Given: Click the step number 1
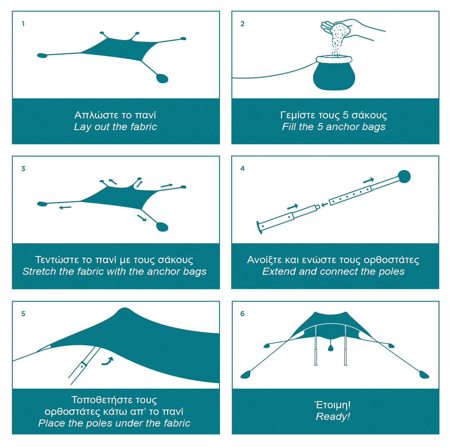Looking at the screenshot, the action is (x=23, y=24).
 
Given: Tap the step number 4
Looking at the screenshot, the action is (x=242, y=168).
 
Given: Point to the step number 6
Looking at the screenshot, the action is (x=242, y=314).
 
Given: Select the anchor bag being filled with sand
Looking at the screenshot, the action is (x=334, y=73).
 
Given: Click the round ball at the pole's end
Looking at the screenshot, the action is (x=404, y=176).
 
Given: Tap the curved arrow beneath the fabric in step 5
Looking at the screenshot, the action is (x=108, y=361).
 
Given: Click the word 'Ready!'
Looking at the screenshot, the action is (x=333, y=417).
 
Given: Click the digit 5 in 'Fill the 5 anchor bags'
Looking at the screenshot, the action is (x=320, y=127).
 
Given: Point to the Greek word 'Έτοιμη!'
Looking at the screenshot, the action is (x=333, y=404).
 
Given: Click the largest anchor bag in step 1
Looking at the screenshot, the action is (x=162, y=78).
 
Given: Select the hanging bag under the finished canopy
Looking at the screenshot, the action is (x=331, y=346).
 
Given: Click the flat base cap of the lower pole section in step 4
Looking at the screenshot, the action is (x=259, y=227).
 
